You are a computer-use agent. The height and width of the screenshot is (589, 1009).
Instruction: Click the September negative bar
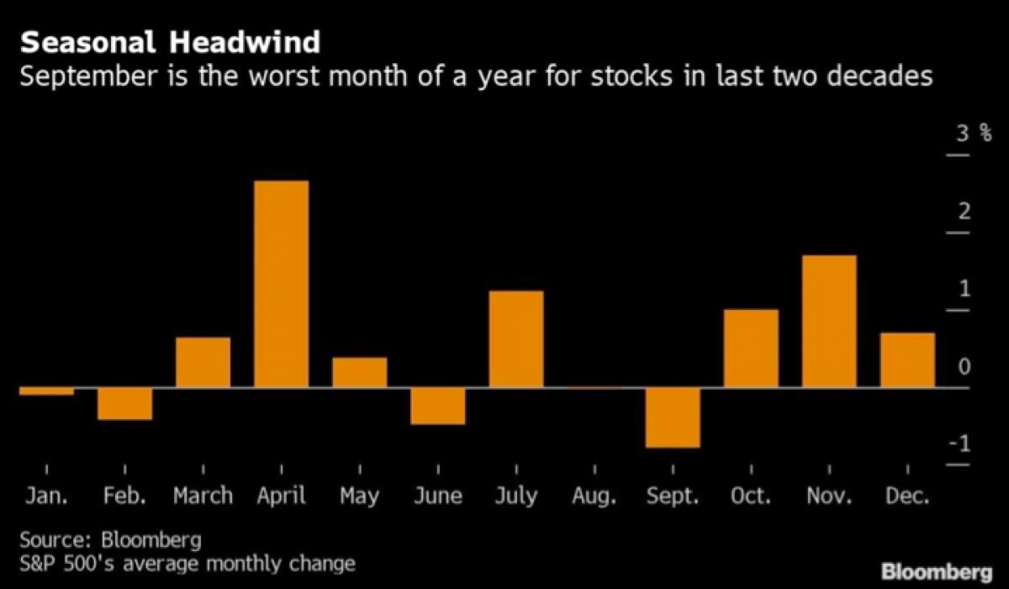(x=673, y=418)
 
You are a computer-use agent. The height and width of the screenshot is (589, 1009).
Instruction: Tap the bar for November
(x=829, y=321)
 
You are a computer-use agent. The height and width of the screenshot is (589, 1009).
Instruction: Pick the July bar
(x=515, y=339)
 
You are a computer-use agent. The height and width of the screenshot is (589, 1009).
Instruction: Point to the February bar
(x=124, y=404)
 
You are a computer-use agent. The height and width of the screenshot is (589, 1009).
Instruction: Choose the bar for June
(x=437, y=407)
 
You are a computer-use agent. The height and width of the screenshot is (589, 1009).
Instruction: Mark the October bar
(x=751, y=349)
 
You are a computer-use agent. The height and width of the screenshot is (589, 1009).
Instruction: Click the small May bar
(x=359, y=373)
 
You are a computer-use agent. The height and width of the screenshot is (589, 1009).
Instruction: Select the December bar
(x=907, y=360)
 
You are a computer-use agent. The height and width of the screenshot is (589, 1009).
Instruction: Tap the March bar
(x=203, y=362)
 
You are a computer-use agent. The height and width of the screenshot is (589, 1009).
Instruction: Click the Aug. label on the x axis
(x=594, y=497)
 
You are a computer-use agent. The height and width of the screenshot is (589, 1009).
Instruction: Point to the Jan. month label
(x=46, y=497)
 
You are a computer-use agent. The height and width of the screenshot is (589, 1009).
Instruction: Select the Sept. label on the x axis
(x=673, y=497)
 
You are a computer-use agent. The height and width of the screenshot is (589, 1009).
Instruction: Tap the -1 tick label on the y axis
(x=959, y=444)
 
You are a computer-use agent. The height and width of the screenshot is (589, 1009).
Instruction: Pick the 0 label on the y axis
(x=964, y=367)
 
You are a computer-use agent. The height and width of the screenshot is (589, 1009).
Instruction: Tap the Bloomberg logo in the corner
(x=937, y=573)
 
